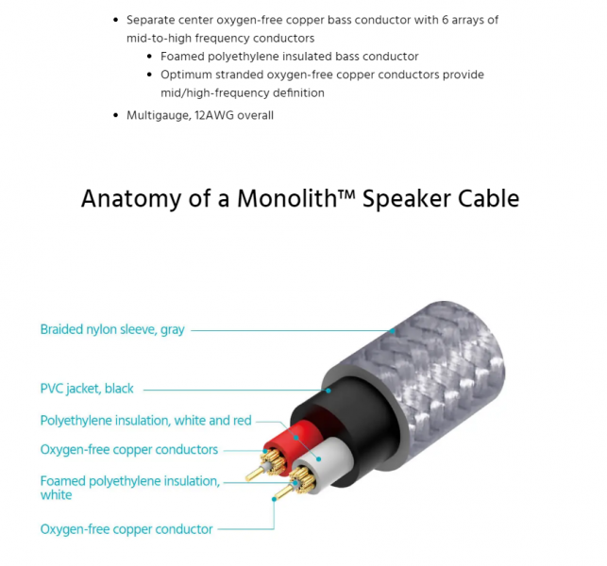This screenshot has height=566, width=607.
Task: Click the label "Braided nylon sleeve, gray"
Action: pyautogui.click(x=112, y=329)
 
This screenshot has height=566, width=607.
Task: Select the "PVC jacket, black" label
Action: pyautogui.click(x=87, y=389)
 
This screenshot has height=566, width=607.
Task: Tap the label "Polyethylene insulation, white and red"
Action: pyautogui.click(x=146, y=421)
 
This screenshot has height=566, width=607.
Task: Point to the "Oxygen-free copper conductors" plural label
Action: pyautogui.click(x=129, y=450)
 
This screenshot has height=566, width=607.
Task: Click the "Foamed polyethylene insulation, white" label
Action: pyautogui.click(x=130, y=488)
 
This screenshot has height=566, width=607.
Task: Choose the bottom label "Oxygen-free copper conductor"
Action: pyautogui.click(x=126, y=529)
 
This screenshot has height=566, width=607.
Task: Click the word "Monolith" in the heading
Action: pyautogui.click(x=287, y=199)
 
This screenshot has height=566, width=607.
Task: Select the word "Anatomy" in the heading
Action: pyautogui.click(x=131, y=200)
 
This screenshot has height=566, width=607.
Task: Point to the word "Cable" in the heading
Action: pyautogui.click(x=489, y=199)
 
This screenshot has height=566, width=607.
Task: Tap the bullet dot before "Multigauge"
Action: pyautogui.click(x=115, y=115)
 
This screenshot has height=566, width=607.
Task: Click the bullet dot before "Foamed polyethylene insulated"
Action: pyautogui.click(x=149, y=57)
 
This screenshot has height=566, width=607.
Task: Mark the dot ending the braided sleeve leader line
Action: pyautogui.click(x=393, y=331)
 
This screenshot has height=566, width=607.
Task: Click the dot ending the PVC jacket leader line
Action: pyautogui.click(x=329, y=391)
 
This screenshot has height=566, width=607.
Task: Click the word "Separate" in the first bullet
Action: pyautogui.click(x=150, y=20)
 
